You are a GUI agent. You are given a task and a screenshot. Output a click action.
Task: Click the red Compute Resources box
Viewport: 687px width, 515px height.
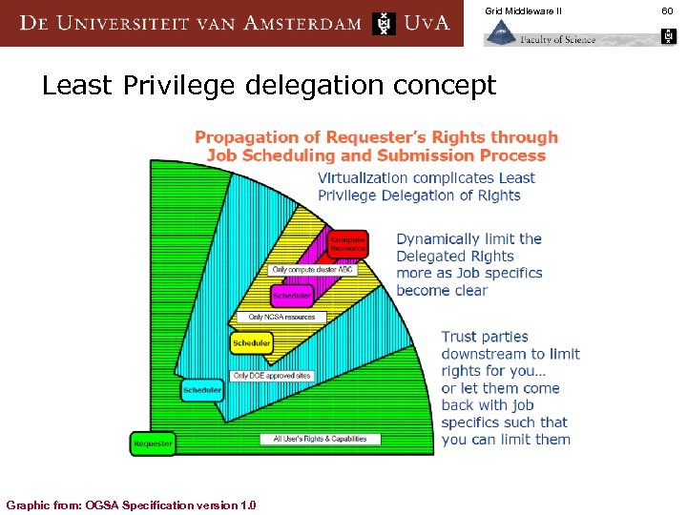click(347, 243)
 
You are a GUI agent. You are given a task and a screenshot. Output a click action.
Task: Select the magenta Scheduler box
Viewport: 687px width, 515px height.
click(290, 296)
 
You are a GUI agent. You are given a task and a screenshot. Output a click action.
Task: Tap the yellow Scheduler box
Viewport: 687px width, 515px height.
click(252, 341)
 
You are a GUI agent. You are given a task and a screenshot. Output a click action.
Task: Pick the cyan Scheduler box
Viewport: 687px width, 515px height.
click(202, 389)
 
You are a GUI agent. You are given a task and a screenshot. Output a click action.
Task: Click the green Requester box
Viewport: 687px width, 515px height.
click(153, 443)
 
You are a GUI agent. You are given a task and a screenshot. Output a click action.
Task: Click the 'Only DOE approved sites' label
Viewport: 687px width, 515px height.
click(272, 376)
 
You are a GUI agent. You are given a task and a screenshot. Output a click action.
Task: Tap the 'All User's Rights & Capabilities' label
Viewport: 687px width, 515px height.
click(320, 439)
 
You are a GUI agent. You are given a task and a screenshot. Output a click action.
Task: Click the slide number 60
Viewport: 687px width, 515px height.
click(666, 10)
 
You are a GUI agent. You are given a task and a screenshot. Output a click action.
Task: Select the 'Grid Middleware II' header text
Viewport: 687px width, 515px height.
click(524, 10)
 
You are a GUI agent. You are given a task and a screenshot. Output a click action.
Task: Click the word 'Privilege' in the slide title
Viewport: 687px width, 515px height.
click(181, 86)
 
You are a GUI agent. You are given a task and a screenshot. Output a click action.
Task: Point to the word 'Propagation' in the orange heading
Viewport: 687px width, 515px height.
click(244, 137)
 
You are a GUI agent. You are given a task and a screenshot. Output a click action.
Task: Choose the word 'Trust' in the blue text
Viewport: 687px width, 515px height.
click(463, 337)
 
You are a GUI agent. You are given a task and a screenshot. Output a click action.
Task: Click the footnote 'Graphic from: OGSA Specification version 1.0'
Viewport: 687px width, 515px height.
click(131, 505)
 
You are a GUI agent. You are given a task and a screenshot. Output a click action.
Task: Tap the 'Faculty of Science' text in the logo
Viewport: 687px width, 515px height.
click(558, 39)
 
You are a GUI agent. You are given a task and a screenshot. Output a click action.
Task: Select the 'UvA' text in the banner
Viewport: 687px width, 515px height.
click(426, 23)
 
